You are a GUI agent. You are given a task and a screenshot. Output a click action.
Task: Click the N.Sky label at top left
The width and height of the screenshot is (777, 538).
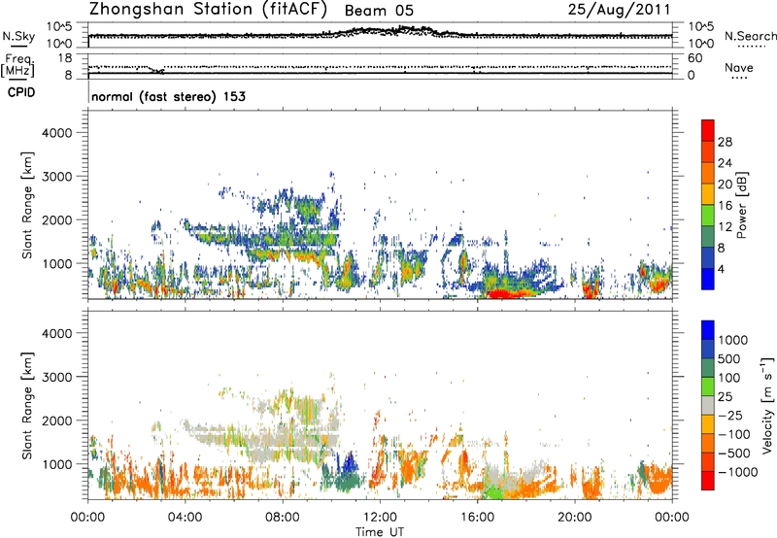coord(17,36)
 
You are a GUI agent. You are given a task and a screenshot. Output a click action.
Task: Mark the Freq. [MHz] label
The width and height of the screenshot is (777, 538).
coord(17,67)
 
